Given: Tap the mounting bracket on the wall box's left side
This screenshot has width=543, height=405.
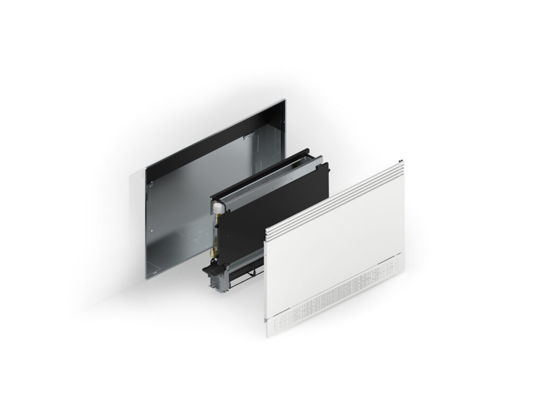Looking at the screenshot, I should [x=151, y=185].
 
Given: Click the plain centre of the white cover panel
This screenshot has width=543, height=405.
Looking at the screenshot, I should [x=334, y=249].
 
